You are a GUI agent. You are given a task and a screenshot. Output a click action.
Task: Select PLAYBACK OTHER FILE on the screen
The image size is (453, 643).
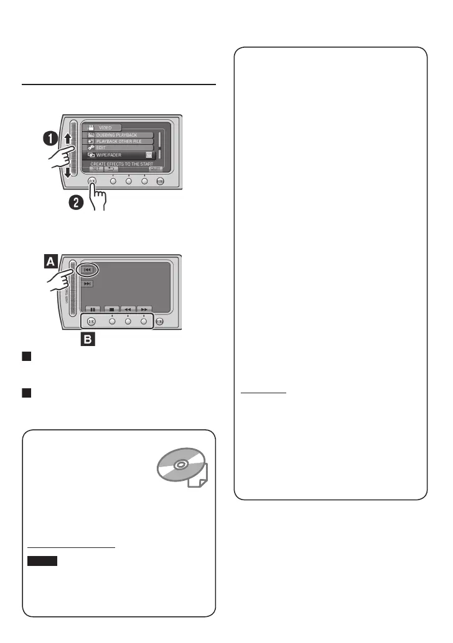[118, 142]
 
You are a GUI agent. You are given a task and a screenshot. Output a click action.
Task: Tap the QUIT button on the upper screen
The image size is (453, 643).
[155, 168]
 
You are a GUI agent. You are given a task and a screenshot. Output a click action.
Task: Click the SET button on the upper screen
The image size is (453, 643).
[95, 168]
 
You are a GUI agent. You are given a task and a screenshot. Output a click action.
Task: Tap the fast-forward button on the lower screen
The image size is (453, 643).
[144, 308]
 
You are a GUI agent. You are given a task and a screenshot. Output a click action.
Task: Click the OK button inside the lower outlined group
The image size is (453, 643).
[91, 321]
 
